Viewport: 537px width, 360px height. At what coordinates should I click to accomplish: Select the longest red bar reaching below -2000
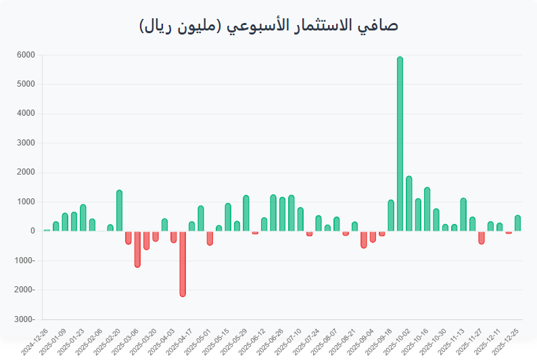[183, 263]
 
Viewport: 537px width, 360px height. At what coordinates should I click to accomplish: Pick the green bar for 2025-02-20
[119, 210]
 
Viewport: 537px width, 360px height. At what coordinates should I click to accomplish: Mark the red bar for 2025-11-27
[482, 237]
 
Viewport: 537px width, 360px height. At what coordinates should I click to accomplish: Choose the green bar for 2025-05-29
[246, 213]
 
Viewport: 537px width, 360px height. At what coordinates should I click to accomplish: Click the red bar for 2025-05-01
[210, 238]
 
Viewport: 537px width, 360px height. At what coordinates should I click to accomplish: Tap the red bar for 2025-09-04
[364, 239]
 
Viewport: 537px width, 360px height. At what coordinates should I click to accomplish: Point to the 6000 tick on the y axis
[26, 55]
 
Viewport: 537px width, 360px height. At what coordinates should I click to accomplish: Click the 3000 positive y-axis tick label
[26, 143]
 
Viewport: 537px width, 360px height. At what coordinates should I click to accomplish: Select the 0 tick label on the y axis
[32, 231]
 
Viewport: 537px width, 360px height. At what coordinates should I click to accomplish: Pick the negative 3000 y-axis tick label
[26, 319]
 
